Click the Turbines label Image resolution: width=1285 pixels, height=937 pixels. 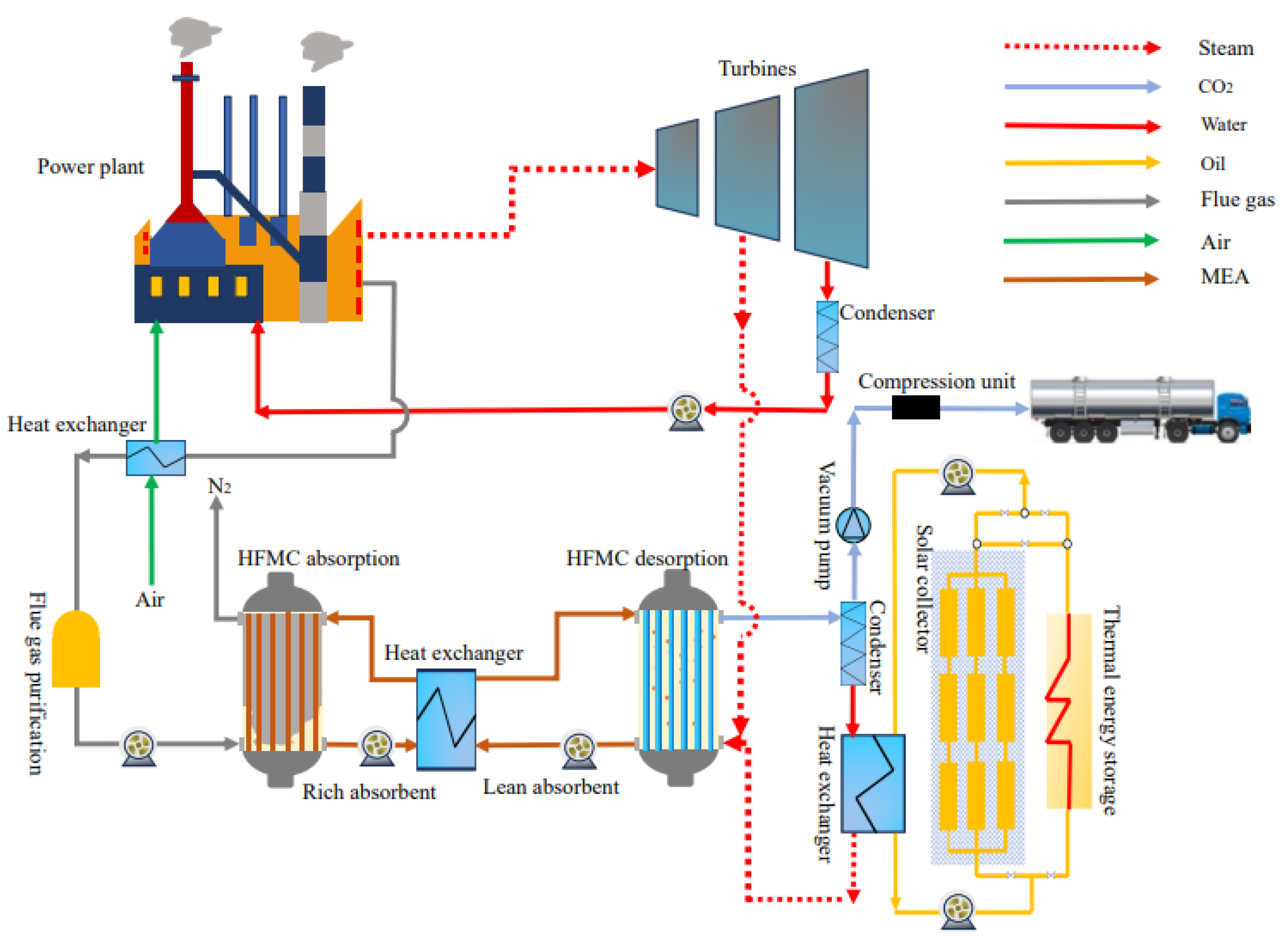[757, 69]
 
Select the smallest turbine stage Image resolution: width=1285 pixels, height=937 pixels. [677, 167]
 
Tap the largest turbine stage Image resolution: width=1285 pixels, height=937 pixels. [832, 168]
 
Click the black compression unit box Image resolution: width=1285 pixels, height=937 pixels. [915, 407]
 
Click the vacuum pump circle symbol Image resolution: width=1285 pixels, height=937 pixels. [853, 525]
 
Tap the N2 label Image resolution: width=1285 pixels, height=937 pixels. [219, 486]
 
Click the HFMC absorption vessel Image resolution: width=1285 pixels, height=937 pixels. [281, 681]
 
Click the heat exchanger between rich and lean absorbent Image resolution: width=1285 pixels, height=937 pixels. [446, 719]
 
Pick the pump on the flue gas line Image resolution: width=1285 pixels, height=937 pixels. [139, 747]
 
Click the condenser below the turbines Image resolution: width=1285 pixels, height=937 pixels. [827, 337]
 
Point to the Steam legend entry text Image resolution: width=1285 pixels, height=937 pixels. [1226, 48]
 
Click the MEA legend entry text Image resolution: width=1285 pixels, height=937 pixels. [1224, 277]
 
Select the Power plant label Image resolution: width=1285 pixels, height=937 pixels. [91, 167]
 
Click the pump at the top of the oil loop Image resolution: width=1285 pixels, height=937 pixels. [957, 474]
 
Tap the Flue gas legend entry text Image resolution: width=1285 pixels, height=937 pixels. [1237, 200]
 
